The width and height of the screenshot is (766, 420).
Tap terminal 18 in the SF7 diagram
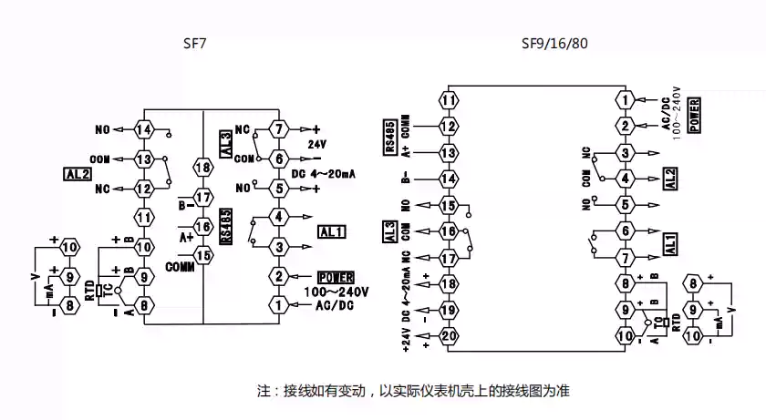(x=203, y=168)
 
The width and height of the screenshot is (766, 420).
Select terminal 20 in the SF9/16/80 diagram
(x=448, y=335)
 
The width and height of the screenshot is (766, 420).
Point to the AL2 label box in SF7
(x=75, y=173)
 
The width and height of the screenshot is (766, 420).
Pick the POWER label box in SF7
(x=335, y=277)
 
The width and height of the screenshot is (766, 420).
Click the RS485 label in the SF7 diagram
(x=225, y=225)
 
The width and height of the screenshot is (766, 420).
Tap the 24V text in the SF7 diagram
(x=316, y=145)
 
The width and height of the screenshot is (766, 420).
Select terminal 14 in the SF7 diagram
(x=143, y=129)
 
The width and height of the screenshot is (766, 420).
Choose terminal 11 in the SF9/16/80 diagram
(x=448, y=99)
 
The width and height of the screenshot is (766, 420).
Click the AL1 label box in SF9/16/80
(x=670, y=244)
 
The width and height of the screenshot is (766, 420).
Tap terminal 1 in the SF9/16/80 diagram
(x=625, y=99)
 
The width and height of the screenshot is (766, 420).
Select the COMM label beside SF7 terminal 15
(x=180, y=267)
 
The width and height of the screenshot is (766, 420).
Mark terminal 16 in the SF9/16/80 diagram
(x=448, y=231)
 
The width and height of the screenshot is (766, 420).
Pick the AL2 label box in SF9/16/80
(x=670, y=179)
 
